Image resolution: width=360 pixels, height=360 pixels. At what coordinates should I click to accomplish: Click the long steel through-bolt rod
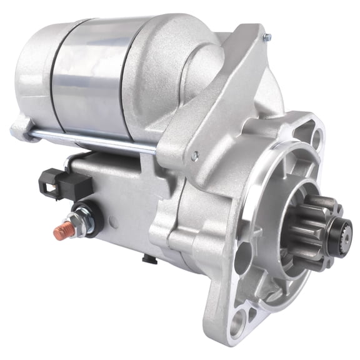click(94, 142)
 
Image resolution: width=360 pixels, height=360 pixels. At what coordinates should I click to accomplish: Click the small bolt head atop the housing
click(267, 38)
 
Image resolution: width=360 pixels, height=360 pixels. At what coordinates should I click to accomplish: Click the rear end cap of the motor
click(34, 75)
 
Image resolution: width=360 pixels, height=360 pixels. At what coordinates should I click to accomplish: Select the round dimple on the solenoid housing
click(112, 221)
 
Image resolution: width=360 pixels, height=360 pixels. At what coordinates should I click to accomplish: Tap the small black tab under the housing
click(147, 258)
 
